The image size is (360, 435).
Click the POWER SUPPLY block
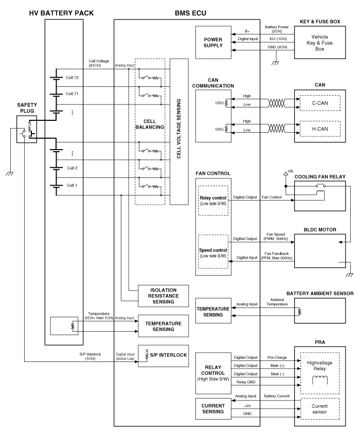coord(212,42)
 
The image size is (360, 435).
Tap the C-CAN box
coord(319,103)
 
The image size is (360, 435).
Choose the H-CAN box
coord(319,129)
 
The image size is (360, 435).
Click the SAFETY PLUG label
coord(27,107)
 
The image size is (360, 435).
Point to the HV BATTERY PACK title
coord(62,13)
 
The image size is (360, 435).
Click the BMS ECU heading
coord(190,13)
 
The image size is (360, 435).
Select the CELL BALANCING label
coord(150,124)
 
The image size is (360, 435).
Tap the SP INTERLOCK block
coord(163,355)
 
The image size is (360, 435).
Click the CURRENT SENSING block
coord(212,408)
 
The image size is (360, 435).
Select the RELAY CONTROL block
coord(212,373)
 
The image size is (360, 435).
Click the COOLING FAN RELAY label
coord(319,177)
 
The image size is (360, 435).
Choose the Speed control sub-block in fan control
coord(212,252)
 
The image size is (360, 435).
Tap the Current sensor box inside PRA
coord(319,408)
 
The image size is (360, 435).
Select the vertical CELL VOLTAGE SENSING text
coord(178,130)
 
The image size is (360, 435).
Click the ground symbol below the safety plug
coord(9,173)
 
